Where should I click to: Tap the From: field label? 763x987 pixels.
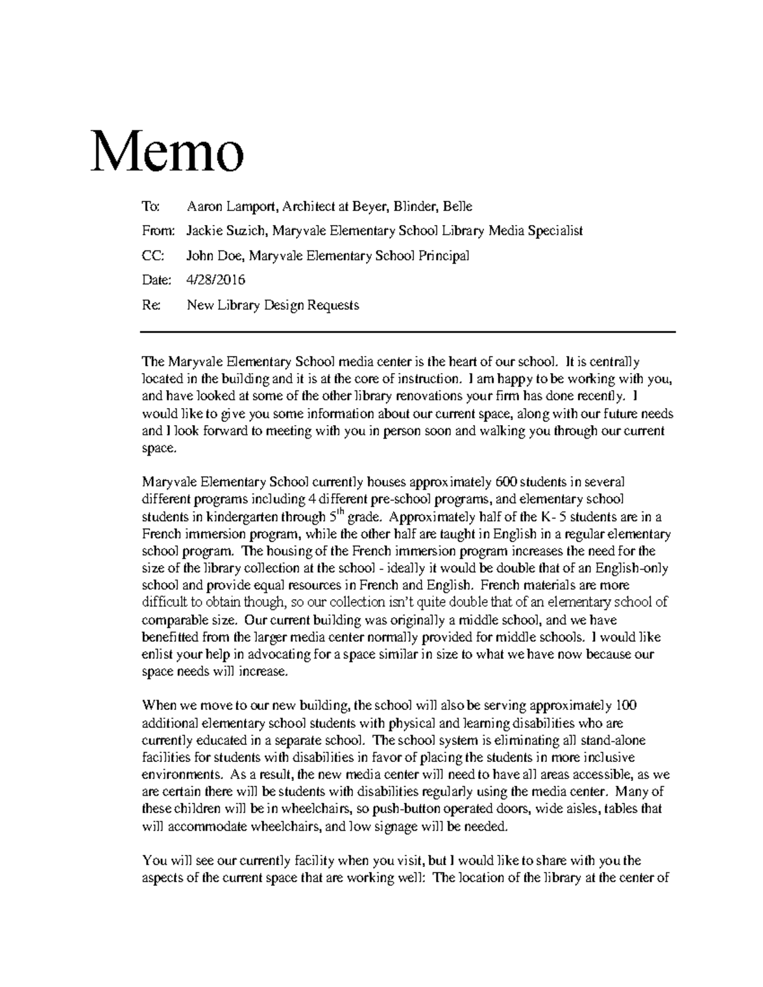(156, 231)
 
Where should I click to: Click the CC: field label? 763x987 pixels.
(153, 255)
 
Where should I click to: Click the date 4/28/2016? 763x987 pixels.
(216, 280)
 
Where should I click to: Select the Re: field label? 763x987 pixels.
(151, 305)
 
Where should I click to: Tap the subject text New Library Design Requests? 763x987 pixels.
(273, 305)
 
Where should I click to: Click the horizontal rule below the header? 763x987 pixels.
(408, 332)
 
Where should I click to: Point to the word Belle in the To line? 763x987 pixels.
(458, 207)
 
